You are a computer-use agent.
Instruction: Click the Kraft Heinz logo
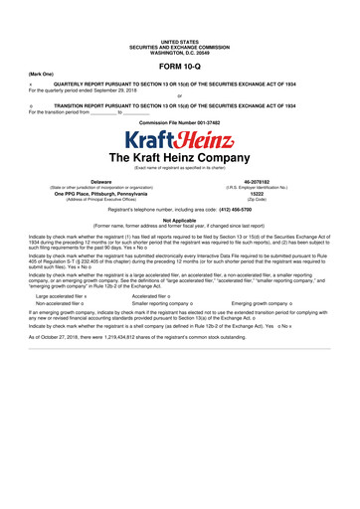tap(180, 138)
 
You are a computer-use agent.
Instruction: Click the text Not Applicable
tap(180, 226)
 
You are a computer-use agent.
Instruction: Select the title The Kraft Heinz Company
tap(180, 160)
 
